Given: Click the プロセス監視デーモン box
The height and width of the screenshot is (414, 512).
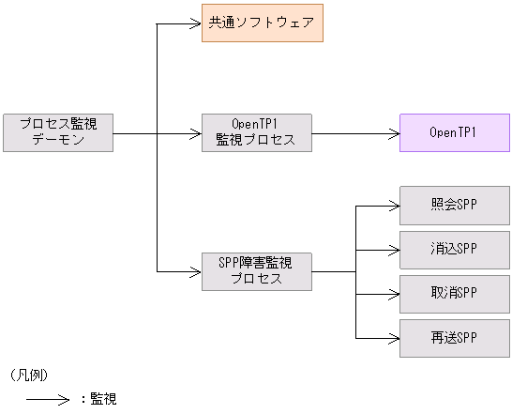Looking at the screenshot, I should [x=58, y=132].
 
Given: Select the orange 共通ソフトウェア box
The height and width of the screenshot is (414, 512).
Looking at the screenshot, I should [x=263, y=23].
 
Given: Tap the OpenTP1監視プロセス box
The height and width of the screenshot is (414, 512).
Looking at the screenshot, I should [x=257, y=132].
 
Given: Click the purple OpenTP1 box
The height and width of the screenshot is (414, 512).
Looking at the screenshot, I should [x=454, y=132].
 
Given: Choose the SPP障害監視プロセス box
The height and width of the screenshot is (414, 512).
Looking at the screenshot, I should [x=257, y=271].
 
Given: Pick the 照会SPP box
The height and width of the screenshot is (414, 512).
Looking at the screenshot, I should [x=455, y=204].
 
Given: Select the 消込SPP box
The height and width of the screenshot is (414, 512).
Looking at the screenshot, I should [x=455, y=249].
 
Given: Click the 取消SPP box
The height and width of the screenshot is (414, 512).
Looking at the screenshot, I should [x=455, y=293].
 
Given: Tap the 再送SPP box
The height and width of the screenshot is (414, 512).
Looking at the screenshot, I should [x=455, y=338].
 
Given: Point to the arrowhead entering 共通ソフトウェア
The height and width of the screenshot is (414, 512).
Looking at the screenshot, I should [x=197, y=23].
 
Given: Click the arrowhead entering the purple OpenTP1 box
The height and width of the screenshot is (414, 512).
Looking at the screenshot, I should [x=394, y=132].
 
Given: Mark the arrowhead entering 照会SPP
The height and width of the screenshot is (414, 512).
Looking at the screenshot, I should [x=394, y=205].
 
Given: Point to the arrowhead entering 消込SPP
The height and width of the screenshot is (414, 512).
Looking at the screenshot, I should [x=394, y=250].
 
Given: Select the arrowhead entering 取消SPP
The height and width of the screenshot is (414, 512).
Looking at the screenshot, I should [x=394, y=294].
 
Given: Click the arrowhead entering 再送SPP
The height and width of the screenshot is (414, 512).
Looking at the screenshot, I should [x=394, y=338].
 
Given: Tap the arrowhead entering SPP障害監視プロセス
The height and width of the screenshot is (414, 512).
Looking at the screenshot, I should [x=197, y=271].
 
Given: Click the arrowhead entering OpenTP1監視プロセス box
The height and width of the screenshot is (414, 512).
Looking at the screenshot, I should [x=197, y=132].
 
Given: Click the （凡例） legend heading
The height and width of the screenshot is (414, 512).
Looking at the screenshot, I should [x=30, y=375].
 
